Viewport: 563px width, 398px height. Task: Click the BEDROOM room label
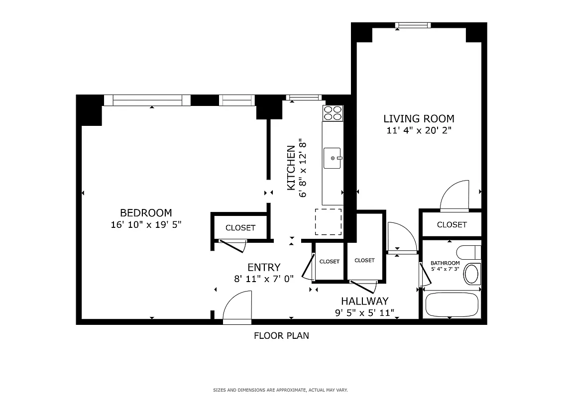[x=146, y=212]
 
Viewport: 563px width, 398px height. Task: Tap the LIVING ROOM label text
[x=419, y=118]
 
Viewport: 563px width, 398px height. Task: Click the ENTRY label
[x=264, y=267]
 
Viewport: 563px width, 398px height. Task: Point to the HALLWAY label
[x=364, y=301]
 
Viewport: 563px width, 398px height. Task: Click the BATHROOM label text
[x=445, y=263]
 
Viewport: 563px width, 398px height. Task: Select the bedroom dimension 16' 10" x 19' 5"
[x=146, y=225]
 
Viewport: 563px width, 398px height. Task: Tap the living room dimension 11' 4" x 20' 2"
[x=419, y=131]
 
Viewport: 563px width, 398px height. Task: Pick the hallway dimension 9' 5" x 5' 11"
[x=364, y=313]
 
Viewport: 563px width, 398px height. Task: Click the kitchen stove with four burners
[x=333, y=113]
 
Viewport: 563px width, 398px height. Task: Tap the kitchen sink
[x=333, y=158]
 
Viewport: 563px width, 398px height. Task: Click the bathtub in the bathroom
[x=451, y=305]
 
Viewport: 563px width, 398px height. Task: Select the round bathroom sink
[x=471, y=274]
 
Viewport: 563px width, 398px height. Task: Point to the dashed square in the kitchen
[x=329, y=222]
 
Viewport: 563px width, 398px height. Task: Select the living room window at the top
[x=413, y=25]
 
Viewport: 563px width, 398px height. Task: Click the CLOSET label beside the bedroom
[x=240, y=228]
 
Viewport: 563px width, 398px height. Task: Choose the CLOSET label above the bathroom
[x=452, y=225]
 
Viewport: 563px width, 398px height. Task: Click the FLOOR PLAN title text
[x=281, y=336]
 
